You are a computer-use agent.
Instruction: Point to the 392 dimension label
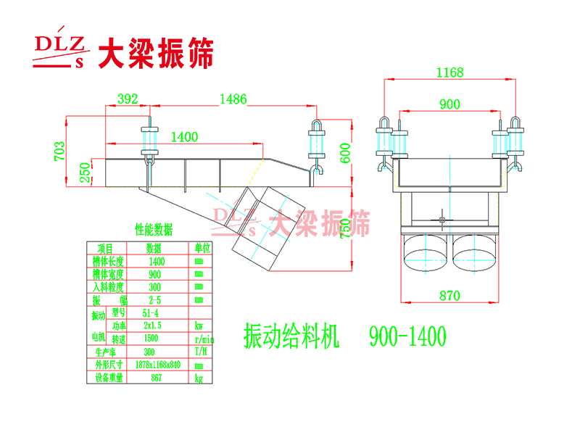point(128,99)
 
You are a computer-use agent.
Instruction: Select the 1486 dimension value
point(233,99)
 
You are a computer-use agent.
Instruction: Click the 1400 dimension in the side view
point(185,136)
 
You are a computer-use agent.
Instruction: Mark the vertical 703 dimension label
point(60,150)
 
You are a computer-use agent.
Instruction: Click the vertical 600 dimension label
point(346,154)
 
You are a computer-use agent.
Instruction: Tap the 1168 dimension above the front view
point(449,72)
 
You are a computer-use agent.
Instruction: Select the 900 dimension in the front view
point(449,104)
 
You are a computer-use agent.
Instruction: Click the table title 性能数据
point(154,231)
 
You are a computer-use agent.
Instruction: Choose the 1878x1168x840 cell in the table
point(157,365)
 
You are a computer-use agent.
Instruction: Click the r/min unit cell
point(204,339)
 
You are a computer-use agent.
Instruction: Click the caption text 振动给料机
point(291,336)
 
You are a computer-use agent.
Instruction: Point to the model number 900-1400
point(407,336)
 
